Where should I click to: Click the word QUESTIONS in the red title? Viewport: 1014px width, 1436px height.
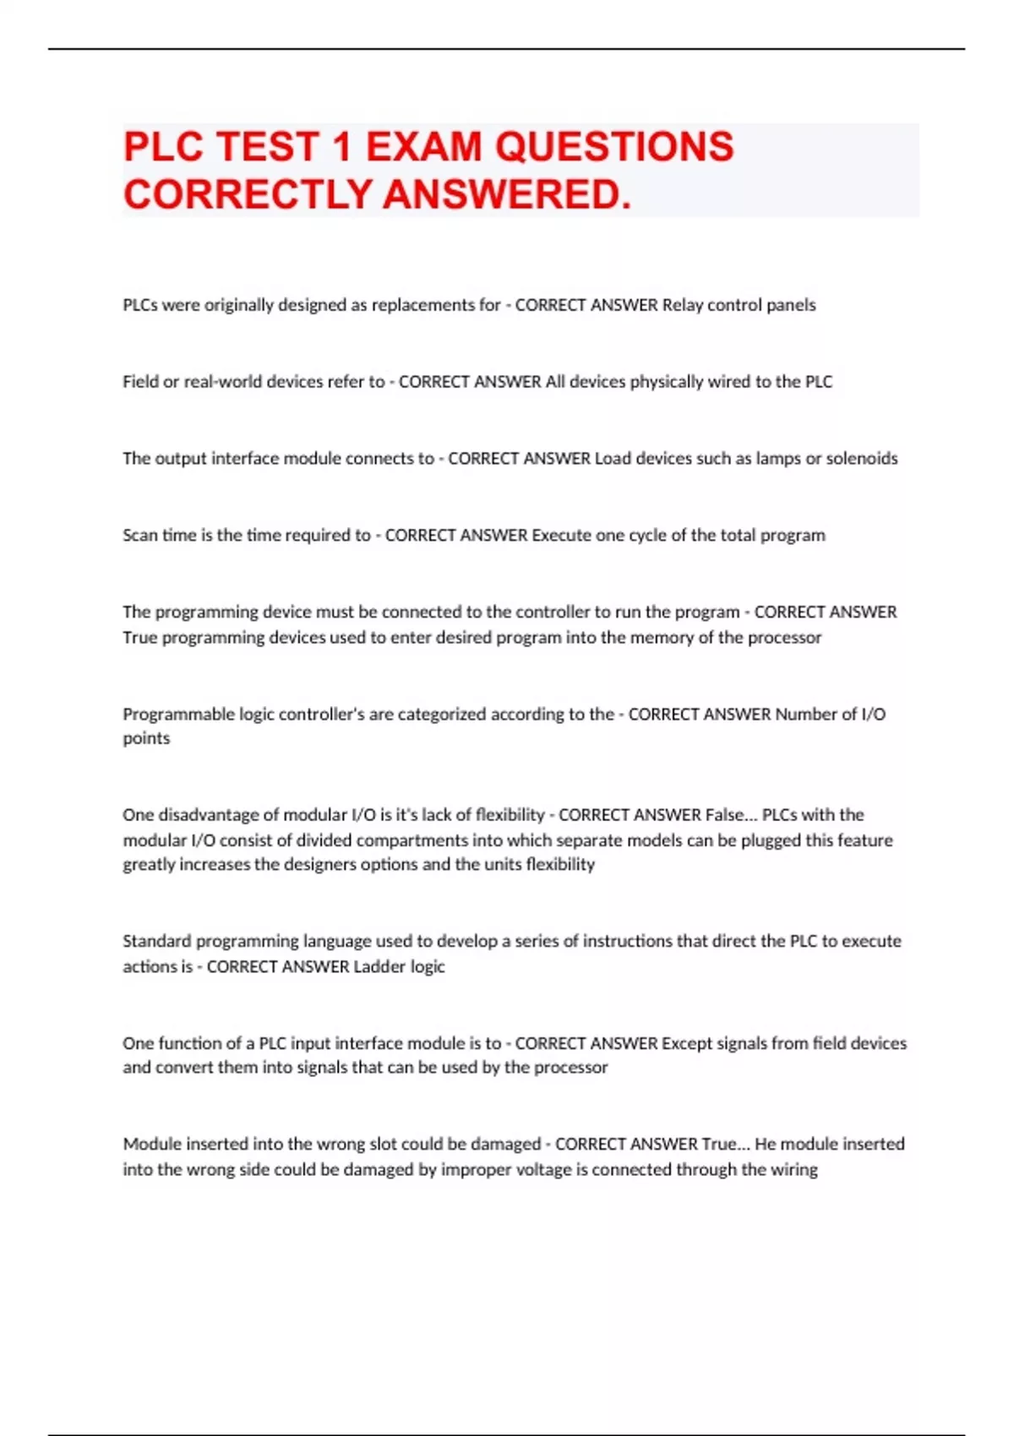(x=613, y=147)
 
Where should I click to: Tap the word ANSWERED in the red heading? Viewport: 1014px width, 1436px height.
(x=507, y=194)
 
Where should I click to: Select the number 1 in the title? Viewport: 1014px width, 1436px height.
(x=341, y=147)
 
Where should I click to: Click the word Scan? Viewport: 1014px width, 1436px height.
(x=140, y=536)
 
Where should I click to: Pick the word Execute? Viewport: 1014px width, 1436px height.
(x=561, y=536)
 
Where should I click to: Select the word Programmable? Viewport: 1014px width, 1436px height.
(x=178, y=715)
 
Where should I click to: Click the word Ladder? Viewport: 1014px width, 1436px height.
(x=379, y=966)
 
